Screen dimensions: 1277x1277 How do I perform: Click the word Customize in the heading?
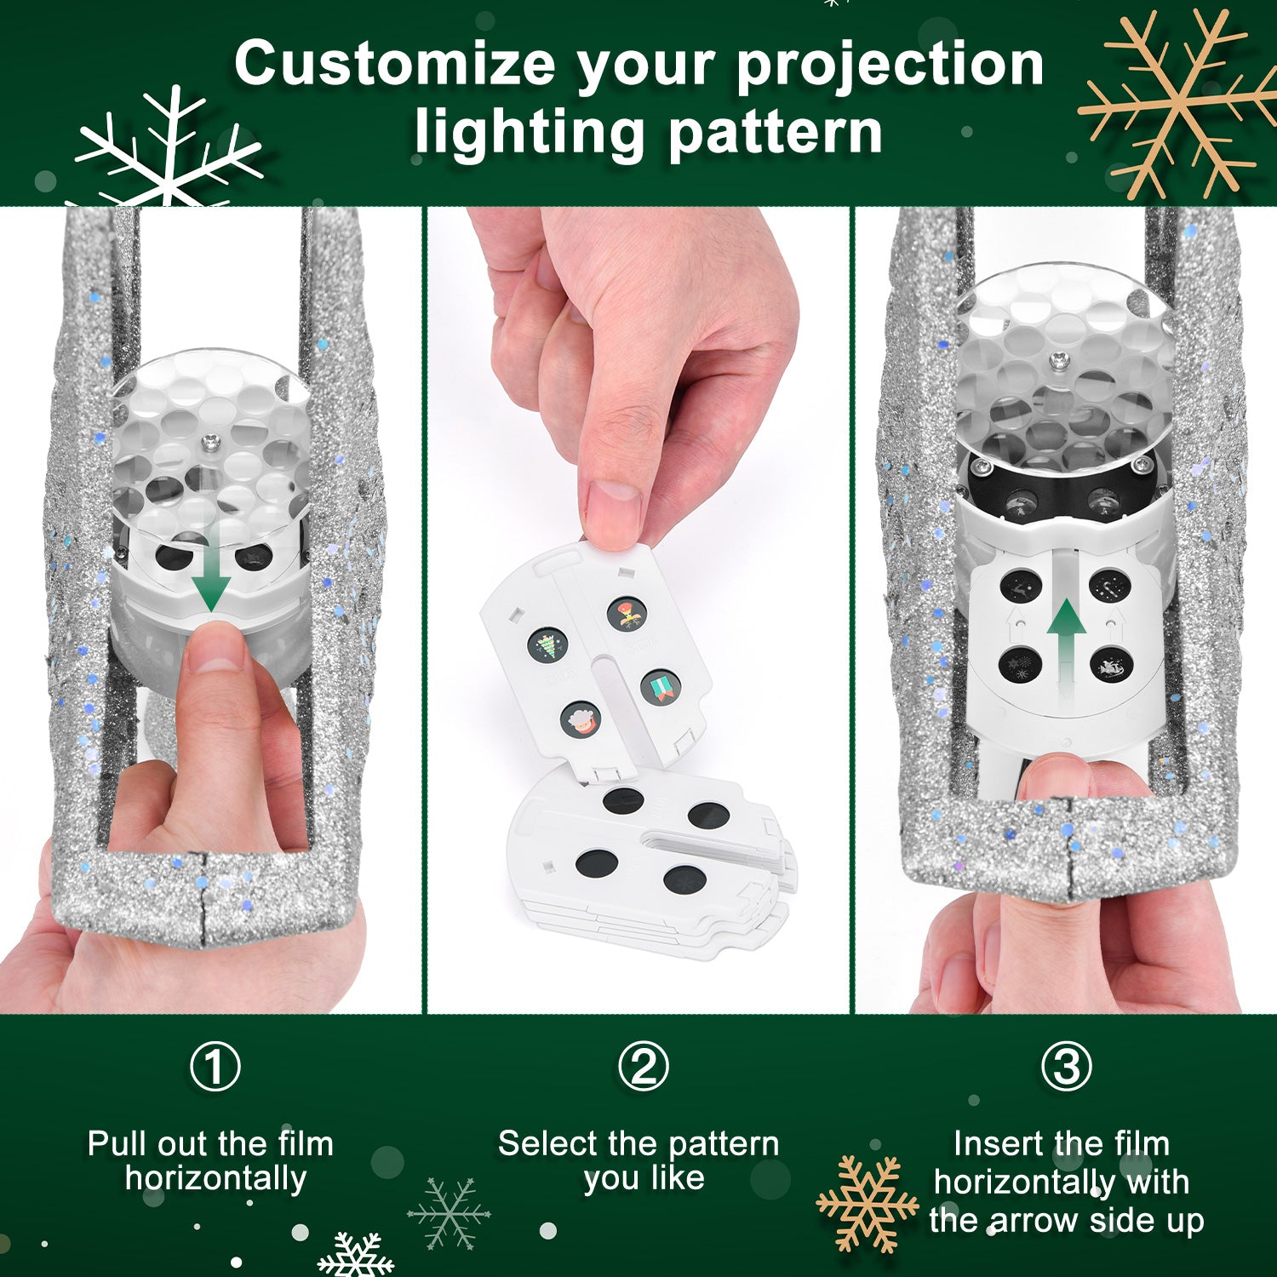394,65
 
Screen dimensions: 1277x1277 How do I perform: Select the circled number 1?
215,1067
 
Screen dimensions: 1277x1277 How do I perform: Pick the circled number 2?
643,1067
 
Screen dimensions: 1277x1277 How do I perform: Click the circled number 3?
1066,1067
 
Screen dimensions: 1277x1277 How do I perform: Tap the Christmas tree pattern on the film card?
547,645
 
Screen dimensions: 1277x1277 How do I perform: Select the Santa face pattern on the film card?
581,719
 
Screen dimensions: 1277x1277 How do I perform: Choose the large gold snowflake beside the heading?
1179,102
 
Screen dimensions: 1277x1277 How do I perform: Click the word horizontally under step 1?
215,1179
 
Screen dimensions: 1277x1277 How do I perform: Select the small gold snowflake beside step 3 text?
867,1203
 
